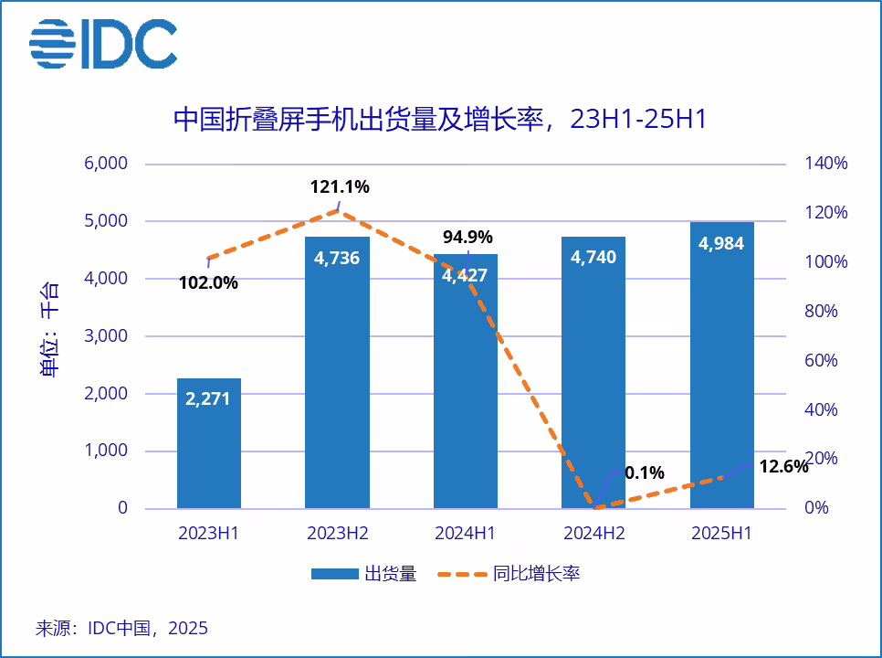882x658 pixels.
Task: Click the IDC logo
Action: [x=103, y=44]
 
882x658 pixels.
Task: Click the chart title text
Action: [x=440, y=120]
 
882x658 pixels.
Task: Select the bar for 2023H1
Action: [x=209, y=443]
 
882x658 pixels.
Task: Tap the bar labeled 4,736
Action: [x=337, y=375]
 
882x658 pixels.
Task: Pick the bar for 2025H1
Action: [x=721, y=366]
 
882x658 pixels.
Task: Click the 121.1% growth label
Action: [x=340, y=187]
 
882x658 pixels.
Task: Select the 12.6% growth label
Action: [x=783, y=467]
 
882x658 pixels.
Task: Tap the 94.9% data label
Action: [x=467, y=238]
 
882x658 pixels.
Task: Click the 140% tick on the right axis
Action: [x=826, y=164]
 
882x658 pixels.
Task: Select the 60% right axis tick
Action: [x=826, y=360]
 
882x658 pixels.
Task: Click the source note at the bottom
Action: [x=121, y=629]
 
